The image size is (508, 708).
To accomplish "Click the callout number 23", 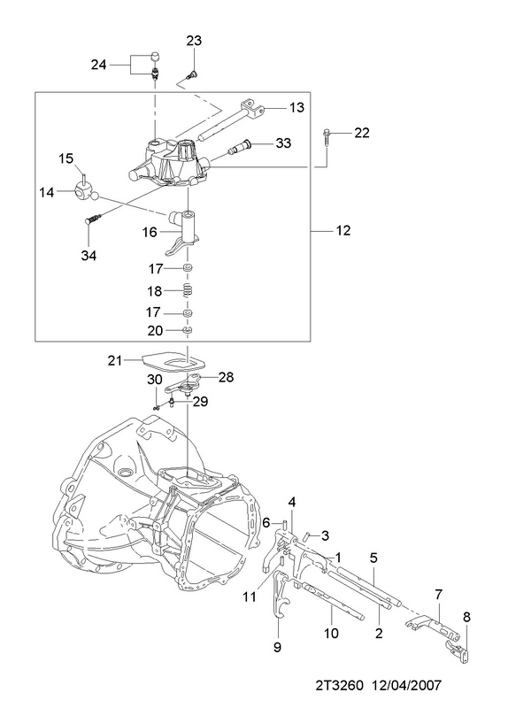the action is coord(194,41).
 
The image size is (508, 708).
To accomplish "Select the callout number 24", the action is coord(98,65).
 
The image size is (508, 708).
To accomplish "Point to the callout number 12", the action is coord(343,230).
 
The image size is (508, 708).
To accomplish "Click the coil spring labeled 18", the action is coord(187,290).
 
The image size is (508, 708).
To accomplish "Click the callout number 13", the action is coord(296,107).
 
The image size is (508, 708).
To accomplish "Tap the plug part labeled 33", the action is coord(240,147).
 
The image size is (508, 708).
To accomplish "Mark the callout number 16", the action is coord(150,232).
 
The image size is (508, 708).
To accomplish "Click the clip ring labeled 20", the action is coord(188,331).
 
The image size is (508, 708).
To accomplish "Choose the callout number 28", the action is coord(226,377).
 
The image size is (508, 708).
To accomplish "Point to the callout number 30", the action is coord(154,380).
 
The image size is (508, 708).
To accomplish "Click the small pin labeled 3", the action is coord(306,536).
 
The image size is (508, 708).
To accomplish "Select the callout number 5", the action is coord(373,558).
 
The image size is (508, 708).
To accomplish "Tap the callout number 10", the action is coord(331,633).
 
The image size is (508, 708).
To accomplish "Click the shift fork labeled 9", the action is coord(280,596).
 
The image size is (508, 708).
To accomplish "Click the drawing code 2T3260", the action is coord(340,685).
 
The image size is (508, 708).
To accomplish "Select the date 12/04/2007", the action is coord(406,685).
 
